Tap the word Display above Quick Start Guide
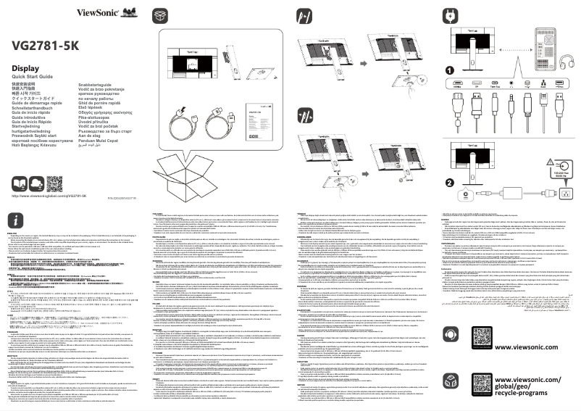[x=25, y=68]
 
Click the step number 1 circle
[x=449, y=70]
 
